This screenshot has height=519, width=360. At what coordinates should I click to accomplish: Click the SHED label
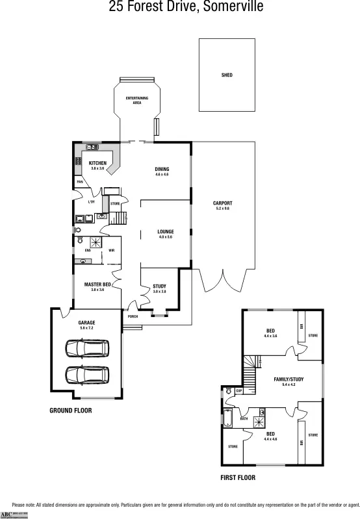(x=227, y=75)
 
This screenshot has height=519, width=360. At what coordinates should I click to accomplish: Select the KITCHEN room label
(x=97, y=163)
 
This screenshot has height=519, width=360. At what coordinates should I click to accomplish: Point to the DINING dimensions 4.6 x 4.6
(x=162, y=175)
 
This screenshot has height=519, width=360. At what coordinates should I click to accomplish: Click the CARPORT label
(x=223, y=203)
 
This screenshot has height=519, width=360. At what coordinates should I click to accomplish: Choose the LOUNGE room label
(x=166, y=231)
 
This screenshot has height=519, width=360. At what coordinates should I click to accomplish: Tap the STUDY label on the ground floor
(x=159, y=286)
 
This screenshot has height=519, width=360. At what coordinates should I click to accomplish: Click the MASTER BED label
(x=97, y=285)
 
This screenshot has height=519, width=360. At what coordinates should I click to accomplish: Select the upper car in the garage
(x=87, y=349)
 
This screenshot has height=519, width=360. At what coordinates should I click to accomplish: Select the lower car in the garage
(x=87, y=375)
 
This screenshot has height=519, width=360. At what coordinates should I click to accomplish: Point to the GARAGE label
(x=87, y=323)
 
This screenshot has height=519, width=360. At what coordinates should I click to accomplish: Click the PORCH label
(x=133, y=316)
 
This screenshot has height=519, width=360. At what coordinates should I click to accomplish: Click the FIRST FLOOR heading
(x=238, y=477)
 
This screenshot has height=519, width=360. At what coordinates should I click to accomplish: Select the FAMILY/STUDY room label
(x=289, y=379)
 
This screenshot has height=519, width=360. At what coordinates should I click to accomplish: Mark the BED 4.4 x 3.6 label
(x=270, y=333)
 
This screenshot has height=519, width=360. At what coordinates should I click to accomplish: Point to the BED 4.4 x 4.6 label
(x=270, y=436)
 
